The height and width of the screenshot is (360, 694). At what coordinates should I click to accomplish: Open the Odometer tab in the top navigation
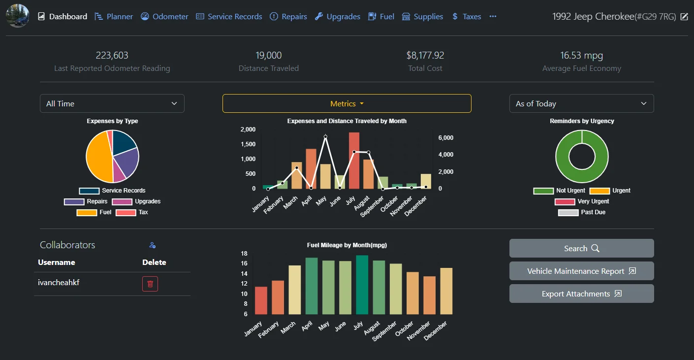[164, 17]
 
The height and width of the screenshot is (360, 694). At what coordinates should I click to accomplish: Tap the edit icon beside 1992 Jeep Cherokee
[684, 17]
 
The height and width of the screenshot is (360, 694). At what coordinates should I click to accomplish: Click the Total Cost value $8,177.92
[425, 55]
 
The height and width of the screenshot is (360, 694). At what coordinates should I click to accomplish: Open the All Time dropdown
[112, 103]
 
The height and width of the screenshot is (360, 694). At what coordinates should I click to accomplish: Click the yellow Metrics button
[347, 103]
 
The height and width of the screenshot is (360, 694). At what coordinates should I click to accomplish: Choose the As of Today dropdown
[581, 103]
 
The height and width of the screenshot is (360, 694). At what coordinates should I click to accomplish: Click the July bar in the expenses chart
[354, 161]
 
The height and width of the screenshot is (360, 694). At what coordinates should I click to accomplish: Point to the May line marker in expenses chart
[325, 137]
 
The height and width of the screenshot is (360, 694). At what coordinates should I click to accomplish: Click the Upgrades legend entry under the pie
[137, 201]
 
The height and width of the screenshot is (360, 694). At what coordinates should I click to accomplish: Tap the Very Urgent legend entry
[581, 201]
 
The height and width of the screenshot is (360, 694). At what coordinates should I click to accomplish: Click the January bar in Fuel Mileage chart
[261, 300]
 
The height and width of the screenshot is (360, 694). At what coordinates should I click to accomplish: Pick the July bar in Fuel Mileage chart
[362, 285]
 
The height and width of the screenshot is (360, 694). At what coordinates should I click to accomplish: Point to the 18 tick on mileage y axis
[244, 254]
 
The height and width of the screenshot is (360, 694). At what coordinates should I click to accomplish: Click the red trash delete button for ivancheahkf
[150, 284]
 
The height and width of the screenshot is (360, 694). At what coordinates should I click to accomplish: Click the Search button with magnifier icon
[581, 248]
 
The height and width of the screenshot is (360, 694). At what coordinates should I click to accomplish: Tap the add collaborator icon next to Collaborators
[152, 245]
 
